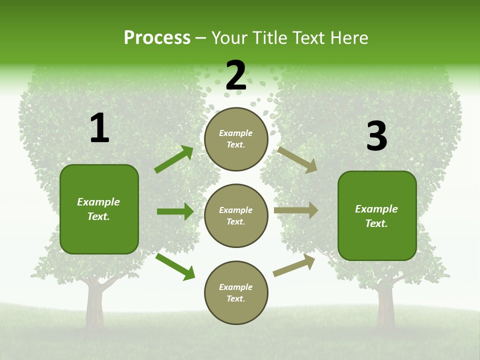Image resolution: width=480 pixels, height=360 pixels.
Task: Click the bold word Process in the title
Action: point(157,38)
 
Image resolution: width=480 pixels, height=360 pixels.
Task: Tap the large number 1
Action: point(99,128)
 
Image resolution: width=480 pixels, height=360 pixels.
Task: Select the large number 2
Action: point(235,75)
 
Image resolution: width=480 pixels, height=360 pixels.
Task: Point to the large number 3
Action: point(376,136)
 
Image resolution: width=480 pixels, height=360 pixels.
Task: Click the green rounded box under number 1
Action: point(99,209)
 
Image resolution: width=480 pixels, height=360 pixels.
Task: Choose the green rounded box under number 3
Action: point(377,215)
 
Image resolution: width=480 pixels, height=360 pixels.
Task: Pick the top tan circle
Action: point(236,139)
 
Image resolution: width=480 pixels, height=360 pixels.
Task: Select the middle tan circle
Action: point(236,215)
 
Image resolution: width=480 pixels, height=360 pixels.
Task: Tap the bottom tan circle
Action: point(236,292)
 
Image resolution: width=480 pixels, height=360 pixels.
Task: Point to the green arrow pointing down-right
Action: point(175,266)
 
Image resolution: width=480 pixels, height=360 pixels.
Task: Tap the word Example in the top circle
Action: point(236,133)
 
